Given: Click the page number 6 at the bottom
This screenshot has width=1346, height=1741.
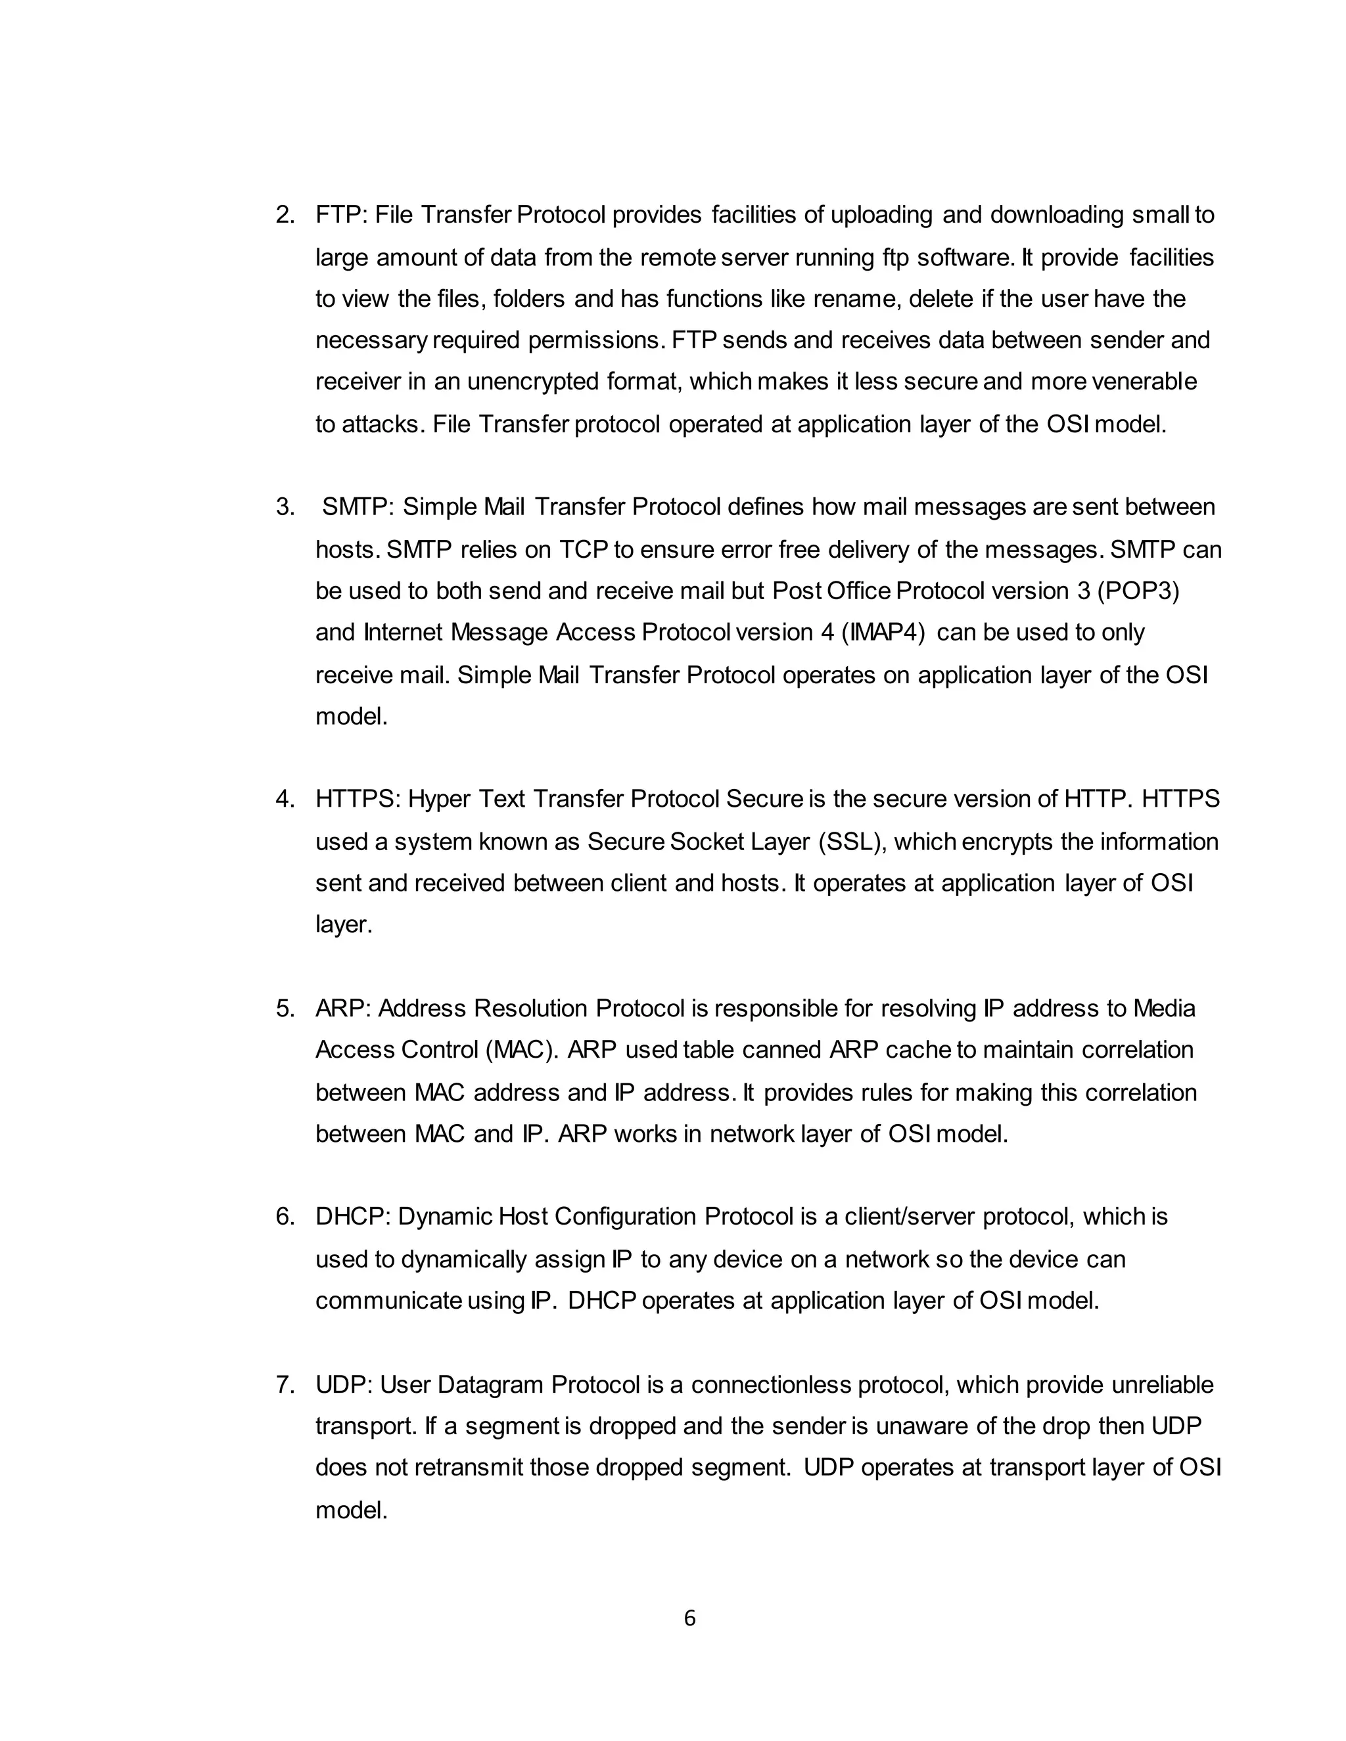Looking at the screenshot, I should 689,1617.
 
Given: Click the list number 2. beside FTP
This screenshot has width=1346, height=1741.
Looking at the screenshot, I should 285,215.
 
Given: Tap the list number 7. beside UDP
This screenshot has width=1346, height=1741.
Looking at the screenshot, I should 285,1385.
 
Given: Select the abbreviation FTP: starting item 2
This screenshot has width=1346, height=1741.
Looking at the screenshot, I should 341,215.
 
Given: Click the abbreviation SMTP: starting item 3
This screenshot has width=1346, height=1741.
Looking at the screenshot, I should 358,507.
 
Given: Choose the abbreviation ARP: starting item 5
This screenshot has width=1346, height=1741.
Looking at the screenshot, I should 343,1008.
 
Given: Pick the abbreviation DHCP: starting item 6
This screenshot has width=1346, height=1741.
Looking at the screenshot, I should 352,1217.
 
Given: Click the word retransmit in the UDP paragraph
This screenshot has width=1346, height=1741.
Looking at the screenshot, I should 467,1468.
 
